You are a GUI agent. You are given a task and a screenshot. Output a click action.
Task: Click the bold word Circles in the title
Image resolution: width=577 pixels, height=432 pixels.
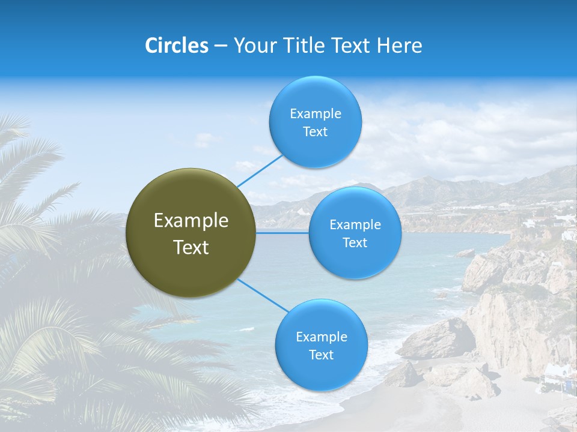point(176,46)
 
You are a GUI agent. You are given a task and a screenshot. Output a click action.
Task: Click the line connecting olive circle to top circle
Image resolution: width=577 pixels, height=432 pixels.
point(260,169)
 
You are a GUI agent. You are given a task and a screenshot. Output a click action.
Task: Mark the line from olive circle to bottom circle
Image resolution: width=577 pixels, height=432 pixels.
point(263,296)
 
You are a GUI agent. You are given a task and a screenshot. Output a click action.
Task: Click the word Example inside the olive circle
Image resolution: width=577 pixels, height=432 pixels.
point(191,221)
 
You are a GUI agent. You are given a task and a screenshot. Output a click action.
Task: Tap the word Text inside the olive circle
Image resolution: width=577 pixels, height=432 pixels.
point(191,247)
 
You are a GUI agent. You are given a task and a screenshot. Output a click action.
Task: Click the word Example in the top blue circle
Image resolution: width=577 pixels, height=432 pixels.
point(315,114)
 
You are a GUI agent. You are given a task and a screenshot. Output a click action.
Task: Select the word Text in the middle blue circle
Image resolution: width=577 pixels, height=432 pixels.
point(355,243)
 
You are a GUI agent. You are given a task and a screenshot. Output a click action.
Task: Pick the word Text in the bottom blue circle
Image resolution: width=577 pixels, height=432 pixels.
point(321,355)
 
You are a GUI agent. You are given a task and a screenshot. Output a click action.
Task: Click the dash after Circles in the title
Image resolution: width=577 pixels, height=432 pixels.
point(221,46)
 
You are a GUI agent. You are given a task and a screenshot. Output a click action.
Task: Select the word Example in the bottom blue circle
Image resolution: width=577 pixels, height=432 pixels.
point(321,337)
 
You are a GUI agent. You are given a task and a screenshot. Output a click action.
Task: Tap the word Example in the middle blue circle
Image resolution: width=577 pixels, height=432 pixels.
point(355,225)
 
